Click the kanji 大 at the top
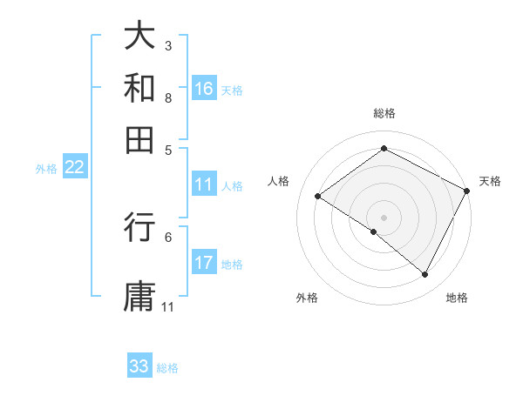coord(140,37)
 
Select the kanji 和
coord(140,89)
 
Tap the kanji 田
coord(140,139)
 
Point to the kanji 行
coord(140,228)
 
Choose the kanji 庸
coord(140,295)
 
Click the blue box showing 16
coord(204,88)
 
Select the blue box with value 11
coord(204,184)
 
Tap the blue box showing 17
coord(204,263)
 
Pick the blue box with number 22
coord(74,167)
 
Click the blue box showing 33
coord(139,366)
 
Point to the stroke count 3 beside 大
coord(168,45)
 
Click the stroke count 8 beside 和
coord(168,97)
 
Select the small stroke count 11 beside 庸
coord(168,307)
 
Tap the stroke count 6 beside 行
coord(168,236)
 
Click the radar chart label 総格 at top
coord(384,113)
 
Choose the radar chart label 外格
coord(307,298)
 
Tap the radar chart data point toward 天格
coord(466,191)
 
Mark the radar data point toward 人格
coord(318,197)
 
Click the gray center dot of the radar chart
coord(384,217)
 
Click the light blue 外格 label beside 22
coord(46,168)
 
